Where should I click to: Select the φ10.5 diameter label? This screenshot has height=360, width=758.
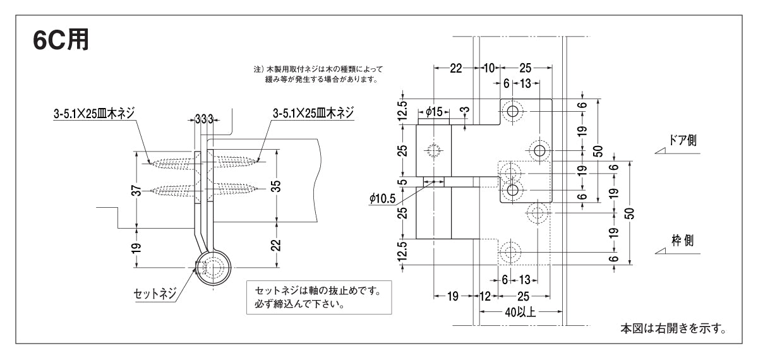pos(383,198)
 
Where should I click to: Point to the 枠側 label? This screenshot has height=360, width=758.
pos(684,241)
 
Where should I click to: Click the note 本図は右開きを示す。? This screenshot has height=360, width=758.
pos(673,329)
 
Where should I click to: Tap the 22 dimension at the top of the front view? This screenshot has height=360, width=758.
pos(455,68)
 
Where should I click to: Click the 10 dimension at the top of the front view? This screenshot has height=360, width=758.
pos(489,68)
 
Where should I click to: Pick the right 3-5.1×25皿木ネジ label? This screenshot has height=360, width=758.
pos(313,113)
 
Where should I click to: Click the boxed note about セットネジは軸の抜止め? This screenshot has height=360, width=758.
pos(318,297)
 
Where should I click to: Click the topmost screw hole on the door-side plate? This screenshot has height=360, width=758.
pos(512,112)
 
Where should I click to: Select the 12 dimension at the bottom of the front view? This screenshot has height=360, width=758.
pos(486,295)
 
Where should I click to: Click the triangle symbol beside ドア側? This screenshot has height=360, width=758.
pos(663,150)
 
